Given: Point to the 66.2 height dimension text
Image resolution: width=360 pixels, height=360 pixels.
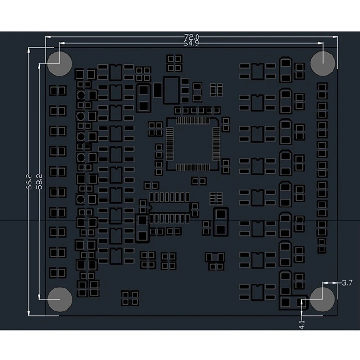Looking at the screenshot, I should coord(30,182).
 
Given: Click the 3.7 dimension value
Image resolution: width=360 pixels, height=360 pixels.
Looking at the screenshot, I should coord(347,283).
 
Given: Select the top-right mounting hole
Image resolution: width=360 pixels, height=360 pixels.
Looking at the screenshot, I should coord(323,63).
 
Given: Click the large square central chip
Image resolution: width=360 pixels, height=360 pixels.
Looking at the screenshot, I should coord(192,144).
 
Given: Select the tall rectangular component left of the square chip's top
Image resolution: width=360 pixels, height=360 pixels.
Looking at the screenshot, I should coord(171,90).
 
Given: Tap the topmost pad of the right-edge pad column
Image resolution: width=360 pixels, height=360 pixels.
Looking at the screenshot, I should coord(322,86).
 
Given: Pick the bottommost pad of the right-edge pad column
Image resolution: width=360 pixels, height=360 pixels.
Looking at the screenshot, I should coord(321,249).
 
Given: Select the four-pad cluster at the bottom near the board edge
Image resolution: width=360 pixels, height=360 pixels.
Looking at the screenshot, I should coord(130,296).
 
